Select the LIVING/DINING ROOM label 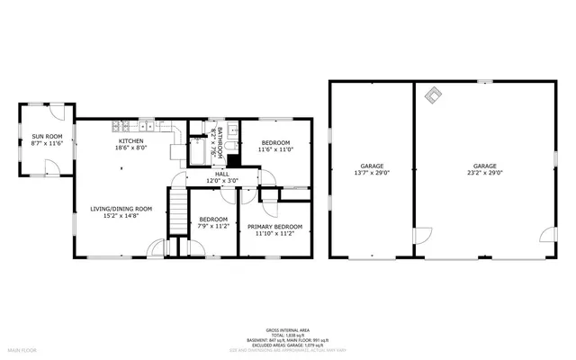[x=121, y=209]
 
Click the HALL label [x=221, y=174]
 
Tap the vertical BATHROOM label [x=214, y=141]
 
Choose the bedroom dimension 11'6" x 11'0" [x=275, y=149]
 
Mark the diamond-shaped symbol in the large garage [x=434, y=94]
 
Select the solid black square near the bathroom [x=233, y=161]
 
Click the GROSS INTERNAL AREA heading [x=287, y=329]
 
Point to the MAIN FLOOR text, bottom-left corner [x=22, y=348]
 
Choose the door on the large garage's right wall [x=546, y=238]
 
